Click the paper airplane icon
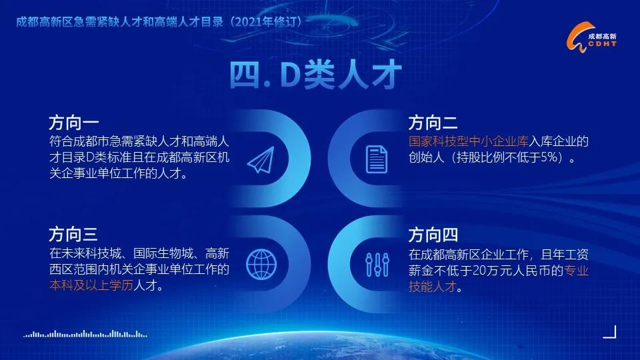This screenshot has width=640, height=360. pyautogui.click(x=261, y=159)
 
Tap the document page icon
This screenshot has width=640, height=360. pyautogui.click(x=376, y=159)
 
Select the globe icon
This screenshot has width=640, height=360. pyautogui.click(x=261, y=264)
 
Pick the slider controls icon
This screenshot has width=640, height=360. pyautogui.click(x=377, y=265)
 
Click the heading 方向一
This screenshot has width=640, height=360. pyautogui.click(x=74, y=123)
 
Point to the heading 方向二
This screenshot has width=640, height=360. pyautogui.click(x=433, y=123)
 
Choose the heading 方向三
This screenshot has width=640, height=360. pyautogui.click(x=74, y=234)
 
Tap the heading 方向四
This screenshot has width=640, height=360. pyautogui.click(x=433, y=235)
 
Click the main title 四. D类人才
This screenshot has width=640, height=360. pyautogui.click(x=315, y=75)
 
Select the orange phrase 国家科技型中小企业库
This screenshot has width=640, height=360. pyautogui.click(x=469, y=141)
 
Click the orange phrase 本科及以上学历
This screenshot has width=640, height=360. pyautogui.click(x=91, y=285)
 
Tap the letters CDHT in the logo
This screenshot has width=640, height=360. pyautogui.click(x=603, y=44)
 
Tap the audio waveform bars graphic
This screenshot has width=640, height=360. pyautogui.click(x=85, y=334)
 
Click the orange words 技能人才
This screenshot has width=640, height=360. pyautogui.click(x=432, y=287)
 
